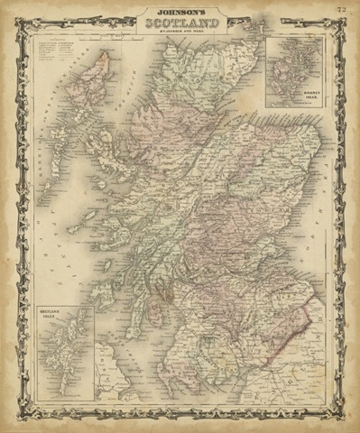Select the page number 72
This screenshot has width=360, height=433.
(x=340, y=10)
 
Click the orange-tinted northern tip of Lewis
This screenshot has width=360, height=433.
(x=105, y=60)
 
